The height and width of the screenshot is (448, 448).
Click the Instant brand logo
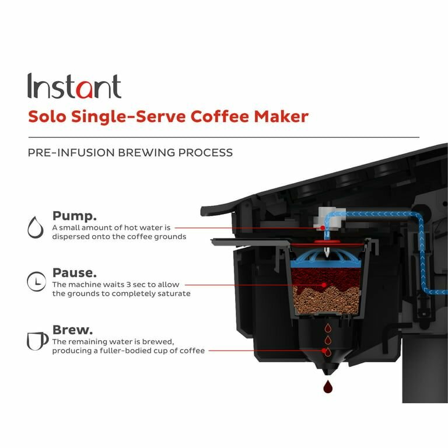tap(74, 86)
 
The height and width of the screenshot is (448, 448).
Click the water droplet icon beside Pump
tap(36, 227)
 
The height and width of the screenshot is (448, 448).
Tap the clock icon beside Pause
tap(36, 282)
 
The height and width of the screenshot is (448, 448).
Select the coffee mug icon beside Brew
tap(37, 340)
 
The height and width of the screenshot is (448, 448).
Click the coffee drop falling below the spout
tap(327, 386)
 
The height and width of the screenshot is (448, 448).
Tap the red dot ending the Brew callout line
tap(324, 351)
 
